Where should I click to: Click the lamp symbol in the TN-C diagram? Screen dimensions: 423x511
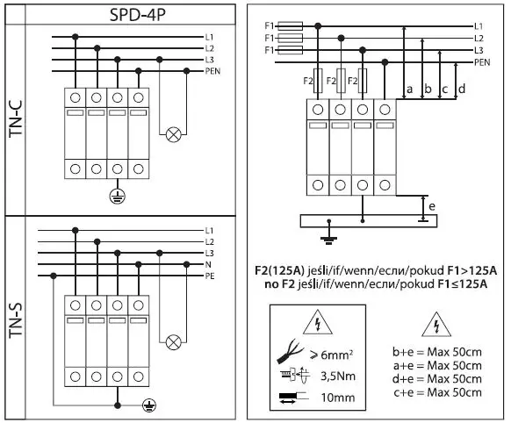pyautogui.click(x=174, y=134)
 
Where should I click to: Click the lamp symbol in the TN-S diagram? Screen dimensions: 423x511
pyautogui.click(x=174, y=341)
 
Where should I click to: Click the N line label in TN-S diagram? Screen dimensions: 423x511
pyautogui.click(x=208, y=263)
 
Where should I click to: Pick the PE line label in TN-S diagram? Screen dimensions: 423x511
pyautogui.click(x=210, y=275)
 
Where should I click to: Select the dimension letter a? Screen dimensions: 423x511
pyautogui.click(x=409, y=89)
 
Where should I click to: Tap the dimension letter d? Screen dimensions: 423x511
pyautogui.click(x=462, y=89)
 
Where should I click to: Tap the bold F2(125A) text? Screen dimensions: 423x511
pyautogui.click(x=292, y=269)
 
